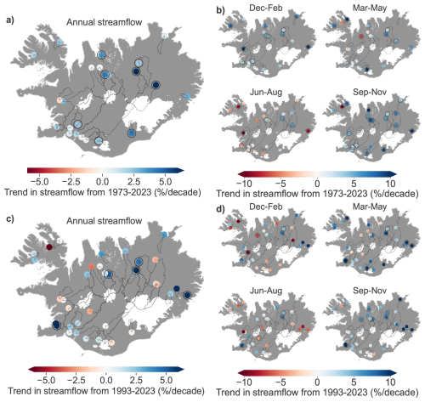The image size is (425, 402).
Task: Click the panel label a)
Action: tap(10, 20)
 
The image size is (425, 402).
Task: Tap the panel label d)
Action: tap(220, 209)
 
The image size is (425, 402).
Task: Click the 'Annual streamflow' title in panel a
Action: tap(104, 22)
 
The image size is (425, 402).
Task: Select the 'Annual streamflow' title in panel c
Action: tap(104, 221)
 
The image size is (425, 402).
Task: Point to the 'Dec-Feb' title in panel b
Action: tap(266, 8)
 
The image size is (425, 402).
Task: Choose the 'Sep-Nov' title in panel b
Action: tap(370, 92)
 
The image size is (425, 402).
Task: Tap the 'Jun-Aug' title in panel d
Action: tap(266, 291)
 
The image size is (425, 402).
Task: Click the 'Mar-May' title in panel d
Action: tap(370, 207)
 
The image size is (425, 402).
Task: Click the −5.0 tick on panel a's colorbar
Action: tap(38, 182)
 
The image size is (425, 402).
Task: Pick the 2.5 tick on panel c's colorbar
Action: tap(136, 380)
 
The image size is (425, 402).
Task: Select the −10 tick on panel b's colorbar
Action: tap(244, 184)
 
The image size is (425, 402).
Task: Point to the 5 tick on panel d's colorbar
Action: tap(354, 382)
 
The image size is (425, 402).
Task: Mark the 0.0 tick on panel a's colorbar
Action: tap(102, 182)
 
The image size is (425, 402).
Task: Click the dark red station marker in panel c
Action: tap(49, 247)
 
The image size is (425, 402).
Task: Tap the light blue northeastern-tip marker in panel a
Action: tap(164, 36)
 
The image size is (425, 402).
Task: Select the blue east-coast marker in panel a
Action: tap(187, 97)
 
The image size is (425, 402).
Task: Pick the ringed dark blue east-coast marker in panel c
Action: tap(187, 295)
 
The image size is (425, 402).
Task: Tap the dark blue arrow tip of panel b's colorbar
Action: tap(394, 174)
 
